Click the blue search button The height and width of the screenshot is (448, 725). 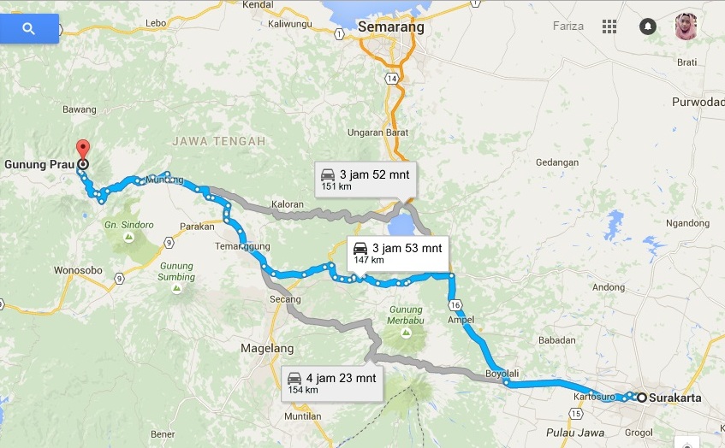point(29,29)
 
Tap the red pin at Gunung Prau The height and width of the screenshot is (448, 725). point(82,148)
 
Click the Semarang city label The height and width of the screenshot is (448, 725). point(391,27)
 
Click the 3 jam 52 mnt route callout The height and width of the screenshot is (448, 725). point(364,179)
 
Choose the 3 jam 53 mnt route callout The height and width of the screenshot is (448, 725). point(399,252)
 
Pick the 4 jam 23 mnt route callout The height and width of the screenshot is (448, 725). point(332,382)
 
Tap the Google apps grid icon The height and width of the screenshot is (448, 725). point(609,27)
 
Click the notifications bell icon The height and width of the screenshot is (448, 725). point(647,27)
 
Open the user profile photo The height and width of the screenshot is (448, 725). point(686,26)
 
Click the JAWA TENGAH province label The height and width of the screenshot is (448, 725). point(218,140)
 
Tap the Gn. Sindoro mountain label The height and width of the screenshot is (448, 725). point(129,225)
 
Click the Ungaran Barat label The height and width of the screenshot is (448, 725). point(377,133)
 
